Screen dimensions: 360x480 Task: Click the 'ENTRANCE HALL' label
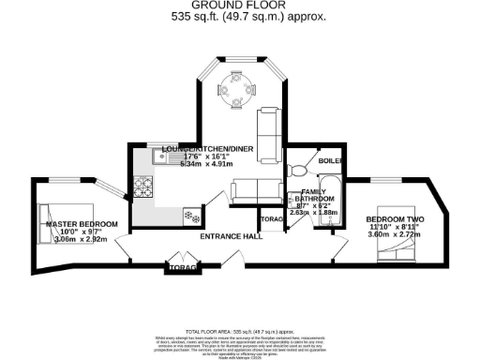coord(230,238)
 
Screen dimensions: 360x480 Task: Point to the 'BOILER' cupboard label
coord(330,160)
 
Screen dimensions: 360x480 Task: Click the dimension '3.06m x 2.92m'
coord(82,240)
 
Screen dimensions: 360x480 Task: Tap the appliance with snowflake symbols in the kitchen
coord(191,217)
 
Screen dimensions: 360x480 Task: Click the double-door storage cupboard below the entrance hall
coord(182,267)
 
